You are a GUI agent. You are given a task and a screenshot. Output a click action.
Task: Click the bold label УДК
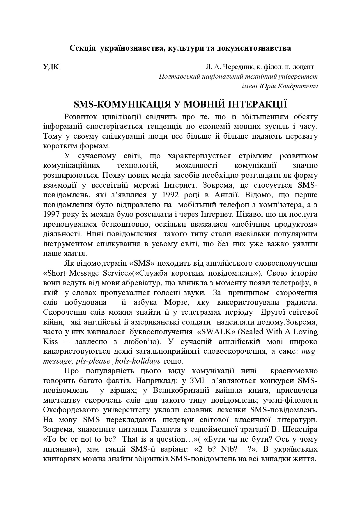coord(51,67)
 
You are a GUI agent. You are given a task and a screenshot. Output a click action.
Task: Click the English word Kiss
coord(50,341)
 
